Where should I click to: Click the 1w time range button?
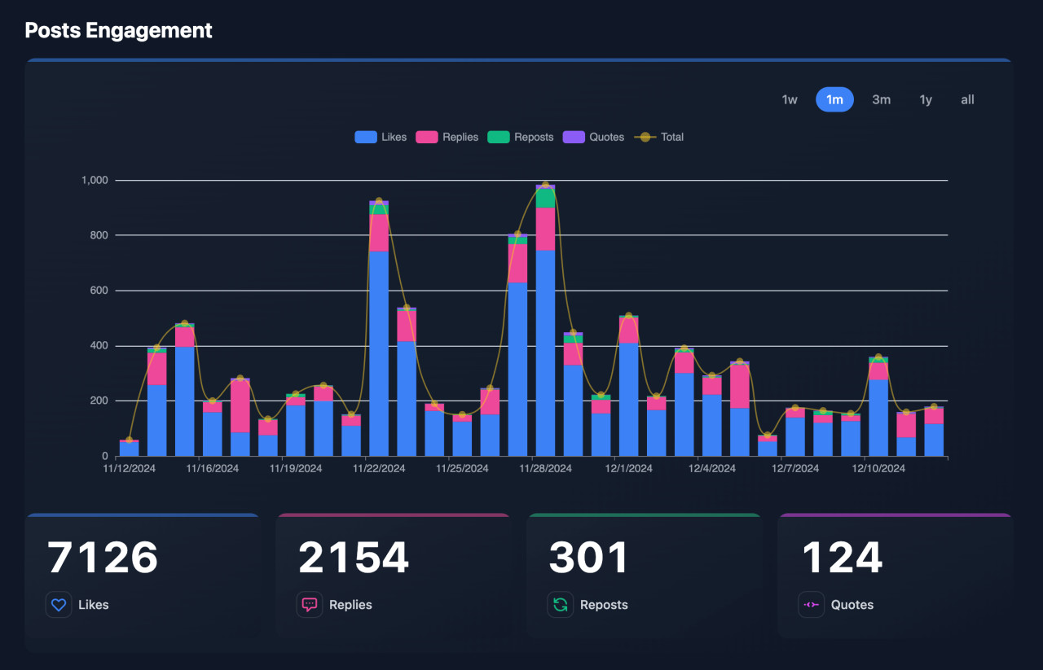point(789,100)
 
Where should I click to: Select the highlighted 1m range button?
point(834,100)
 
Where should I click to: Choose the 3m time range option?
point(881,100)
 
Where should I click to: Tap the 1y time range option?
point(926,100)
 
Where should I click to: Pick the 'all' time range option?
point(967,100)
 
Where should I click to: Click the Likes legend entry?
point(381,137)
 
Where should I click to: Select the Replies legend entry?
point(447,137)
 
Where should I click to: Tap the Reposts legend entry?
point(521,137)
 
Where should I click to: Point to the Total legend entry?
point(661,137)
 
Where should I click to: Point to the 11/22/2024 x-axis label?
point(379,469)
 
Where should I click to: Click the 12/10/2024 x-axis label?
point(878,469)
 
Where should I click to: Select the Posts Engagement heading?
point(118,30)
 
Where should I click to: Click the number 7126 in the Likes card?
point(103,558)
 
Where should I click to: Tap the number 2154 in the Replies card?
point(354,558)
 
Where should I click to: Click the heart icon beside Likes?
point(59,605)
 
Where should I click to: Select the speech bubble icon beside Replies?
point(310,605)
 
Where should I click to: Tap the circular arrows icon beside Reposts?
point(561,605)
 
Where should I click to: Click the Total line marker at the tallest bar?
point(545,185)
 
